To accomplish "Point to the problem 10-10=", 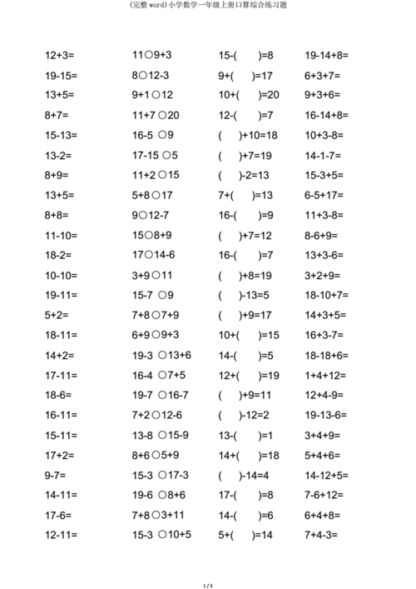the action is click(61, 276).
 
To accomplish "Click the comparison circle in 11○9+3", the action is click(148, 56).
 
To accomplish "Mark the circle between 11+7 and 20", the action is click(163, 116).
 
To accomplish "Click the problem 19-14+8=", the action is click(327, 56).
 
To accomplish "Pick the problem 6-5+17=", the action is click(326, 196).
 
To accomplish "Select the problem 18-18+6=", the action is click(327, 356).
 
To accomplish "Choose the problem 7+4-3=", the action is click(321, 536).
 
